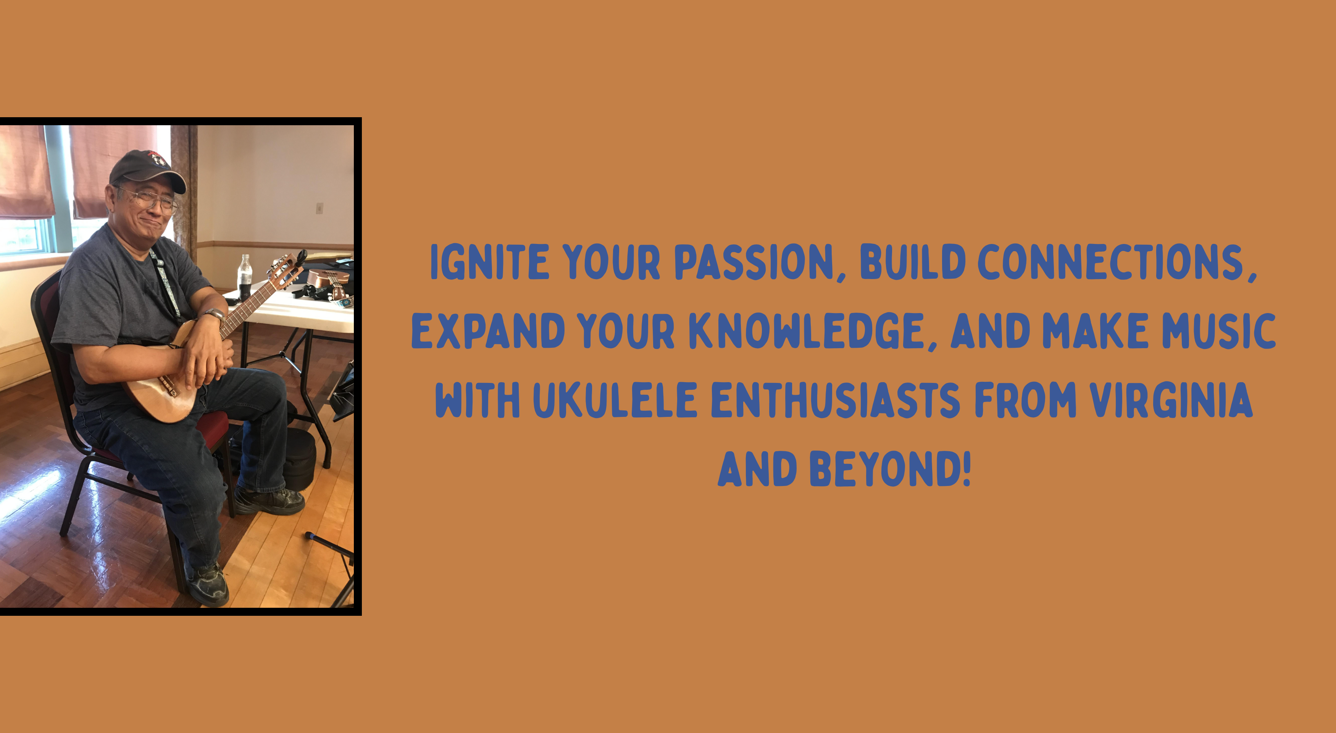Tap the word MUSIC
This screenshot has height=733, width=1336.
click(x=1219, y=331)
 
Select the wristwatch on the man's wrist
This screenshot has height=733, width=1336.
click(x=214, y=314)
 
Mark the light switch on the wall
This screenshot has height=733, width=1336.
click(x=319, y=208)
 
